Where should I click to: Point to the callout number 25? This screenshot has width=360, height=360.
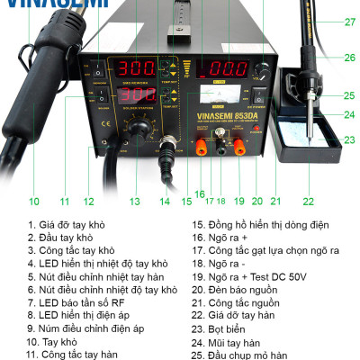350,94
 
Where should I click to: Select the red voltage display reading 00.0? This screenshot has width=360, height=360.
218,68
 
